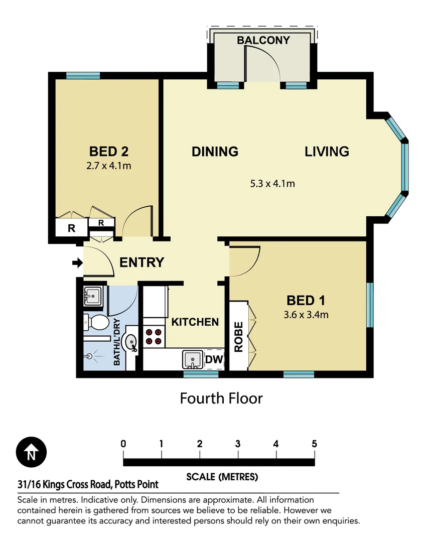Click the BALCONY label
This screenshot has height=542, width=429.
[x=263, y=40]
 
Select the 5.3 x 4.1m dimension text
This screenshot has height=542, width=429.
[x=272, y=184]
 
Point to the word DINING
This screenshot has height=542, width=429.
[x=215, y=152]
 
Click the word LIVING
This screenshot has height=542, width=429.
[x=327, y=152]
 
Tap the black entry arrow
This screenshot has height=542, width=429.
[x=77, y=262]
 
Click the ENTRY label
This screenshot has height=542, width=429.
[x=141, y=262]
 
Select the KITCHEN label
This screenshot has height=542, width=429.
[x=195, y=322]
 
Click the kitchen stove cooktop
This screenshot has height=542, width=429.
[x=153, y=336]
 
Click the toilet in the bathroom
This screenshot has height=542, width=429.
[x=96, y=322]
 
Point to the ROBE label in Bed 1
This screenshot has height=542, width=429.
[x=239, y=336]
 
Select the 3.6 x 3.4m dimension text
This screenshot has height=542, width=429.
[x=307, y=315]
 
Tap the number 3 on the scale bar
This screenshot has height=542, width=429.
[x=237, y=444]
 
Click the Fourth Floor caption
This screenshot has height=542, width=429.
[x=221, y=398]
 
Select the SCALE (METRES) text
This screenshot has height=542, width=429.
[x=222, y=477]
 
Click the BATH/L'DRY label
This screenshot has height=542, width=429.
[x=116, y=341]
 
